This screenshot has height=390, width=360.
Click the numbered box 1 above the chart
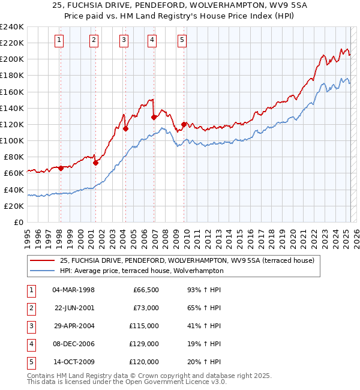point(60,40)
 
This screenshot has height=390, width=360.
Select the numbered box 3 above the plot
point(123,40)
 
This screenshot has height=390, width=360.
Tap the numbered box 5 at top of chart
point(182,40)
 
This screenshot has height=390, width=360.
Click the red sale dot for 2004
point(126,128)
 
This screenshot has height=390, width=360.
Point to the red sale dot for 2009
point(184,124)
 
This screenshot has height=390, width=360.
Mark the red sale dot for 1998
point(61,168)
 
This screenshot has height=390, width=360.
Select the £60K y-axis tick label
point(14,173)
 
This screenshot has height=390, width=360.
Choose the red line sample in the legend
point(41,260)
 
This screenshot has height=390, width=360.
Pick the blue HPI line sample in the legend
point(41,271)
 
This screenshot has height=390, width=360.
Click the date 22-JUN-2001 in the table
point(74,308)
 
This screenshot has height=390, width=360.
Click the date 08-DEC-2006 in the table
point(74,344)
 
